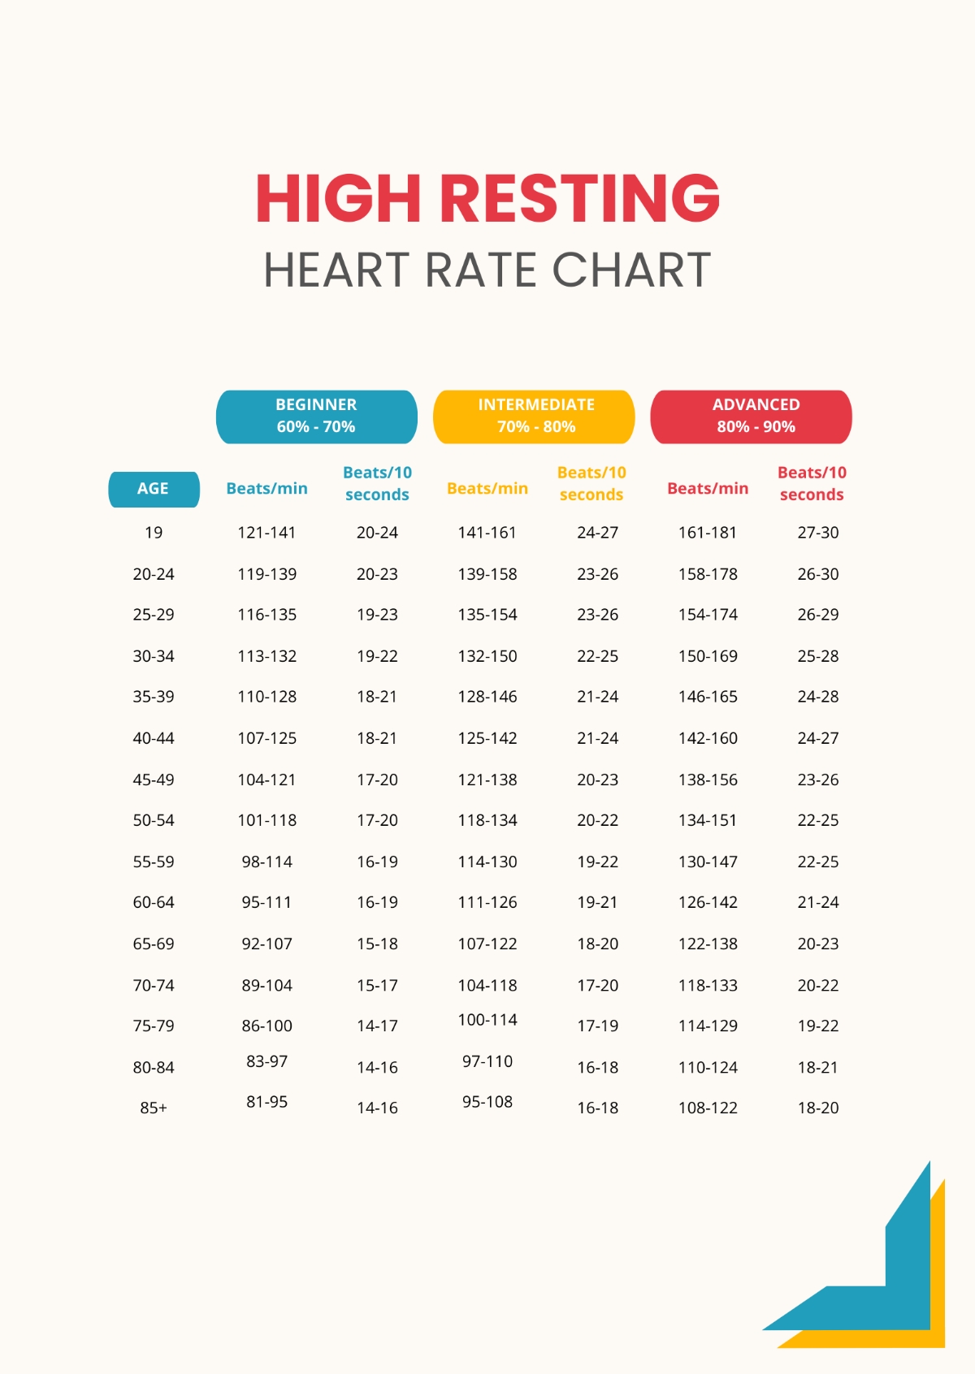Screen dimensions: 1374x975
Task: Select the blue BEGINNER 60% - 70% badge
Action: pyautogui.click(x=316, y=416)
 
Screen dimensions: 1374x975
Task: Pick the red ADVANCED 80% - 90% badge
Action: pyautogui.click(x=752, y=416)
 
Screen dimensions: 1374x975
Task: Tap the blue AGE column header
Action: pyautogui.click(x=154, y=489)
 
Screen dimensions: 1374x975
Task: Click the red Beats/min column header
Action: pyautogui.click(x=708, y=489)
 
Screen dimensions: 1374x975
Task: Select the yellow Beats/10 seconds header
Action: pyautogui.click(x=591, y=483)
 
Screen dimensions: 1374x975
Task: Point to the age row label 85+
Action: pyautogui.click(x=154, y=1108)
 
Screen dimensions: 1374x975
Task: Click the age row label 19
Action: pyautogui.click(x=154, y=533)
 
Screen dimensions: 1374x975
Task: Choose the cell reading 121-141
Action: pyautogui.click(x=266, y=533)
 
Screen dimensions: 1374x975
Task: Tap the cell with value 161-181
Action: pyautogui.click(x=708, y=533)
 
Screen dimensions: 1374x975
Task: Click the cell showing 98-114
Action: pyautogui.click(x=266, y=862)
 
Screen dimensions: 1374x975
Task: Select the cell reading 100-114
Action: pyautogui.click(x=487, y=1020)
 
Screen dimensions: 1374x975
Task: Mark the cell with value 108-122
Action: pyautogui.click(x=708, y=1108)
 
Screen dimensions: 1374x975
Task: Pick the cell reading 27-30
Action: pyautogui.click(x=817, y=533)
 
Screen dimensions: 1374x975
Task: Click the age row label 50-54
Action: pyautogui.click(x=154, y=820)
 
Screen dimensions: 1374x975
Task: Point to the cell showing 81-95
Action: pyautogui.click(x=266, y=1102)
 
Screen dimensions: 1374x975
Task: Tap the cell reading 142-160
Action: pyautogui.click(x=708, y=738)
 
